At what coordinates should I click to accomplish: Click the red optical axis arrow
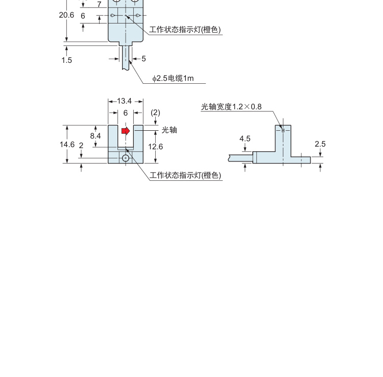pos(126,131)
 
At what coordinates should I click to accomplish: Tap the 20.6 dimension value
pos(66,15)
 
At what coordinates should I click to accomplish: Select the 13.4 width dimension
pos(124,101)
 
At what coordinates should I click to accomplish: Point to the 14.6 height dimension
pos(67,145)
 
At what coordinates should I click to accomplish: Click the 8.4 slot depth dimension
pos(95,135)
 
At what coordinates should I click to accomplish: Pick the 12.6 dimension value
pos(155,147)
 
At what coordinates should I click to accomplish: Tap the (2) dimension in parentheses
pos(155,112)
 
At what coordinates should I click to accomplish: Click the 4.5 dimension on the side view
pos(245,139)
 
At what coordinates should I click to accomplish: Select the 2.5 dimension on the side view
pos(320,144)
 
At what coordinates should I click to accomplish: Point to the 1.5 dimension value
pos(67,60)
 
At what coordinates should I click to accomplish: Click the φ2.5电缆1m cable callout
pos(173,78)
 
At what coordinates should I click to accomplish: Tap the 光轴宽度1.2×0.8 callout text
pos(231,107)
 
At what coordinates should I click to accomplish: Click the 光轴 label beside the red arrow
pos(169,130)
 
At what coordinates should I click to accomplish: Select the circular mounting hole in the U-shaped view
pos(126,158)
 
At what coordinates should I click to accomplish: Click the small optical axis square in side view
pos(283,130)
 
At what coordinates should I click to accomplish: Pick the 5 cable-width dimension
pos(143,59)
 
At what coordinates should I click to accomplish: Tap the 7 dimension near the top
pos(99,5)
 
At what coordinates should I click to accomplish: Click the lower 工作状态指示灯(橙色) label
pos(185,175)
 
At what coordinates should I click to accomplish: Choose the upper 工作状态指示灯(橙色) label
pos(185,30)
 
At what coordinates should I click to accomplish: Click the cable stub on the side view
pos(241,158)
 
